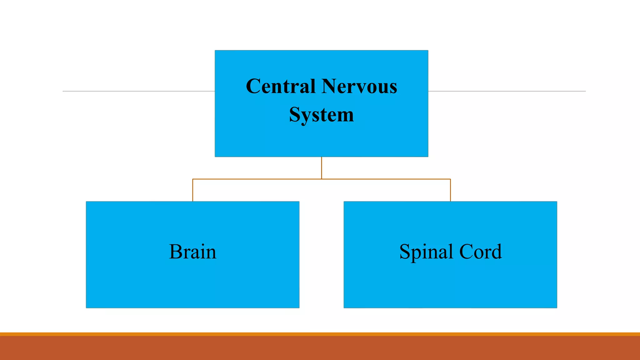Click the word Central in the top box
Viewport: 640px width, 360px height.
click(x=280, y=86)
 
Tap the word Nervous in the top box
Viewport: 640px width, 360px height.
click(x=359, y=86)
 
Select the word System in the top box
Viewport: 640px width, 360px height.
click(x=321, y=115)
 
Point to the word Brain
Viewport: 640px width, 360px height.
click(x=192, y=252)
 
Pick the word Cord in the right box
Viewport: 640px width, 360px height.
click(x=481, y=252)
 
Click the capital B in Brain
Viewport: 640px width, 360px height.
click(x=176, y=252)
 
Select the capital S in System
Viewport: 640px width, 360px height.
click(x=295, y=114)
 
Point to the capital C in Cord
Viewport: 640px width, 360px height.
click(x=466, y=252)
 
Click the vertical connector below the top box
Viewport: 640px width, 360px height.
click(x=322, y=168)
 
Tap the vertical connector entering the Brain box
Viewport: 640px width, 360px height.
click(x=193, y=190)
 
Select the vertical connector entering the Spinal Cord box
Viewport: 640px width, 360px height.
click(x=450, y=190)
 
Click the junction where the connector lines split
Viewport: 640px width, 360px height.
click(x=322, y=179)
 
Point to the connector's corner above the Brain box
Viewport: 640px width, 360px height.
click(x=193, y=179)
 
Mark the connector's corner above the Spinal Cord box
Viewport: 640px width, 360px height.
click(x=450, y=179)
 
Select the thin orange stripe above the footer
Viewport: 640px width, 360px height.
click(x=320, y=334)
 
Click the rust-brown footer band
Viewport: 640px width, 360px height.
click(x=320, y=348)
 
